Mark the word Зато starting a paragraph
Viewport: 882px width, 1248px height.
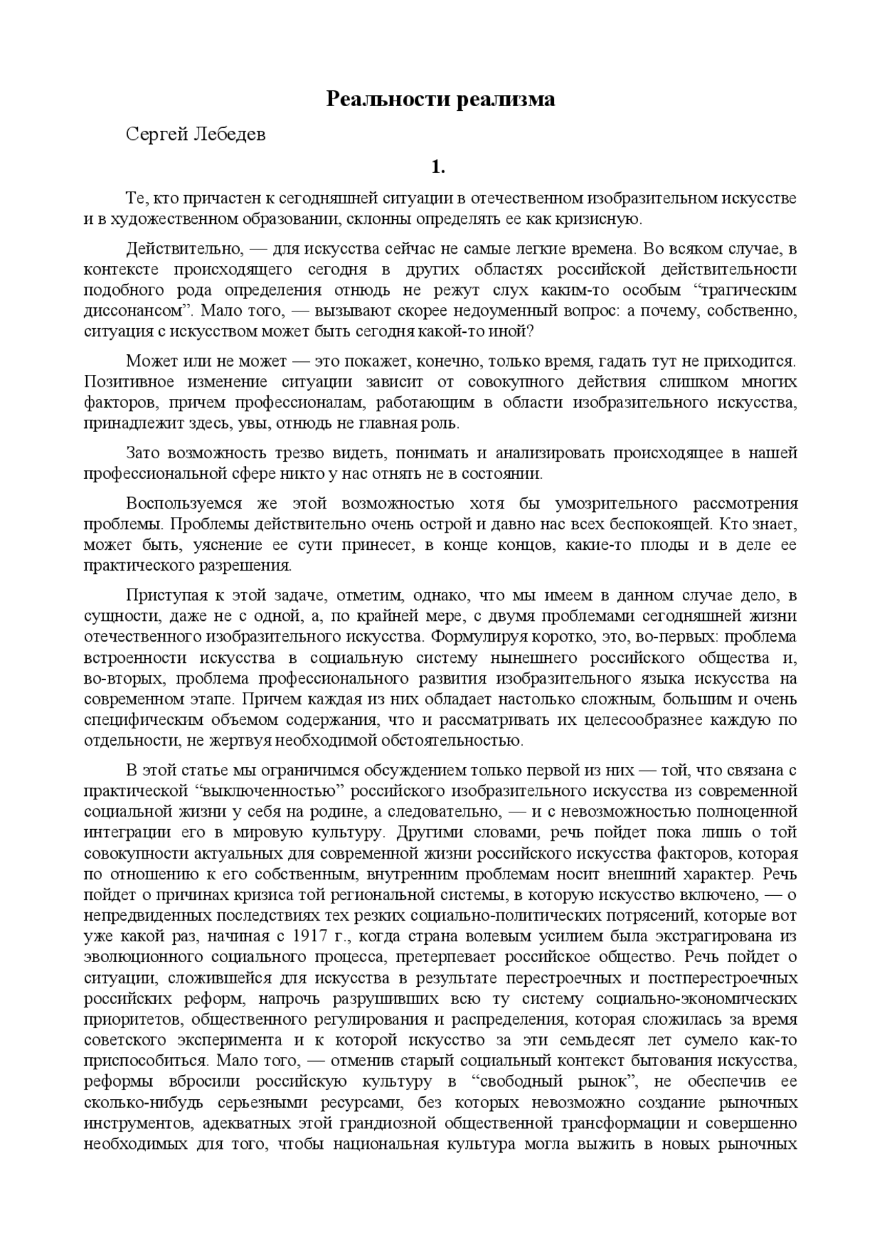144,453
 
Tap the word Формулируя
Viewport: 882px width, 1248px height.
491,637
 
